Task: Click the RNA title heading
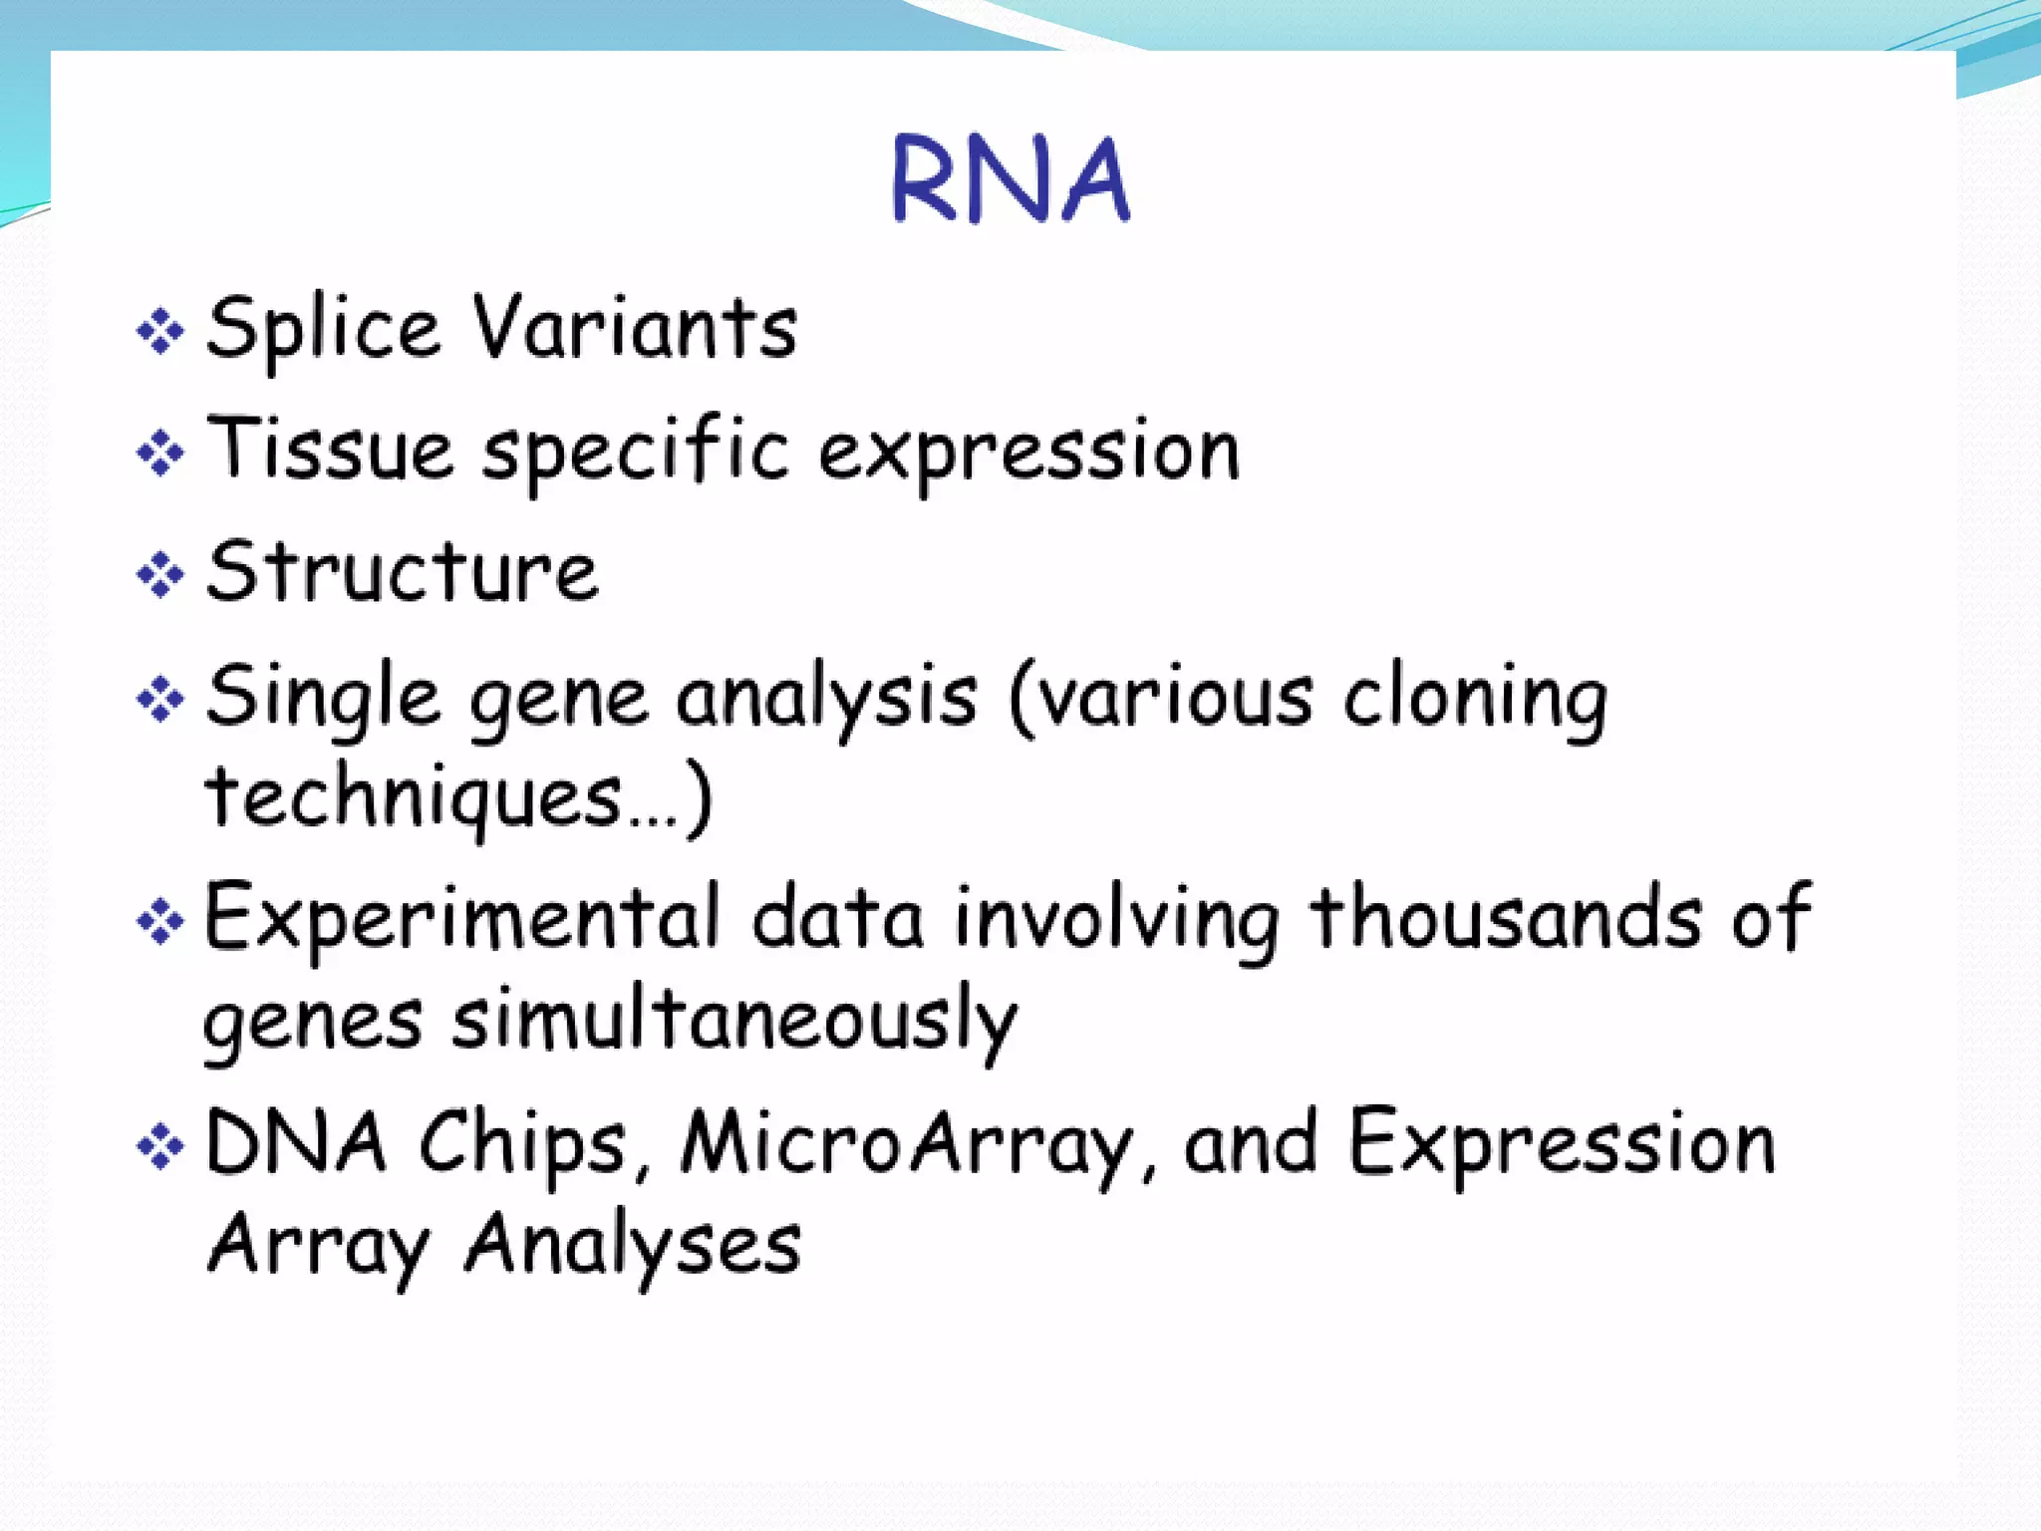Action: coord(1011,180)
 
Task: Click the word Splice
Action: coord(322,329)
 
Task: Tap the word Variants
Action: coord(635,328)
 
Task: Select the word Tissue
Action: coord(330,450)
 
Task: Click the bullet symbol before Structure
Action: coord(160,575)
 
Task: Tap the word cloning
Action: coord(1474,699)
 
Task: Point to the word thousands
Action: coord(1506,918)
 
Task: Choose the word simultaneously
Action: coord(734,1022)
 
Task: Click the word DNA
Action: coord(295,1143)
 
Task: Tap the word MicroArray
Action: coord(905,1145)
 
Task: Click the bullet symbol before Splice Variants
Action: coord(160,331)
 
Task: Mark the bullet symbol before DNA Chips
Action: coord(160,1146)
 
